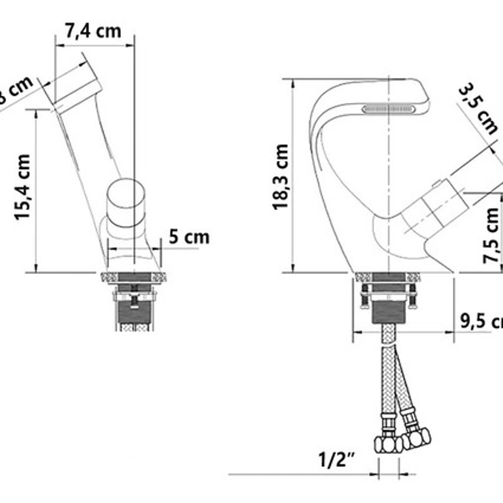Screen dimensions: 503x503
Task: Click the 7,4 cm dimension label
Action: pos(93,31)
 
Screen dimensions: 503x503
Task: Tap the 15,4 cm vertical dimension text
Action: pos(23,187)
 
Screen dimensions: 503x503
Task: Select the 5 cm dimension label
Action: pos(189,237)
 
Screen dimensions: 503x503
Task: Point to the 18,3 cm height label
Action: pos(281,176)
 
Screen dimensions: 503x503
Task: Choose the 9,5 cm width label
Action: pos(481,321)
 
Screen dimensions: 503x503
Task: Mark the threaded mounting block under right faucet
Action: pos(388,312)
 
